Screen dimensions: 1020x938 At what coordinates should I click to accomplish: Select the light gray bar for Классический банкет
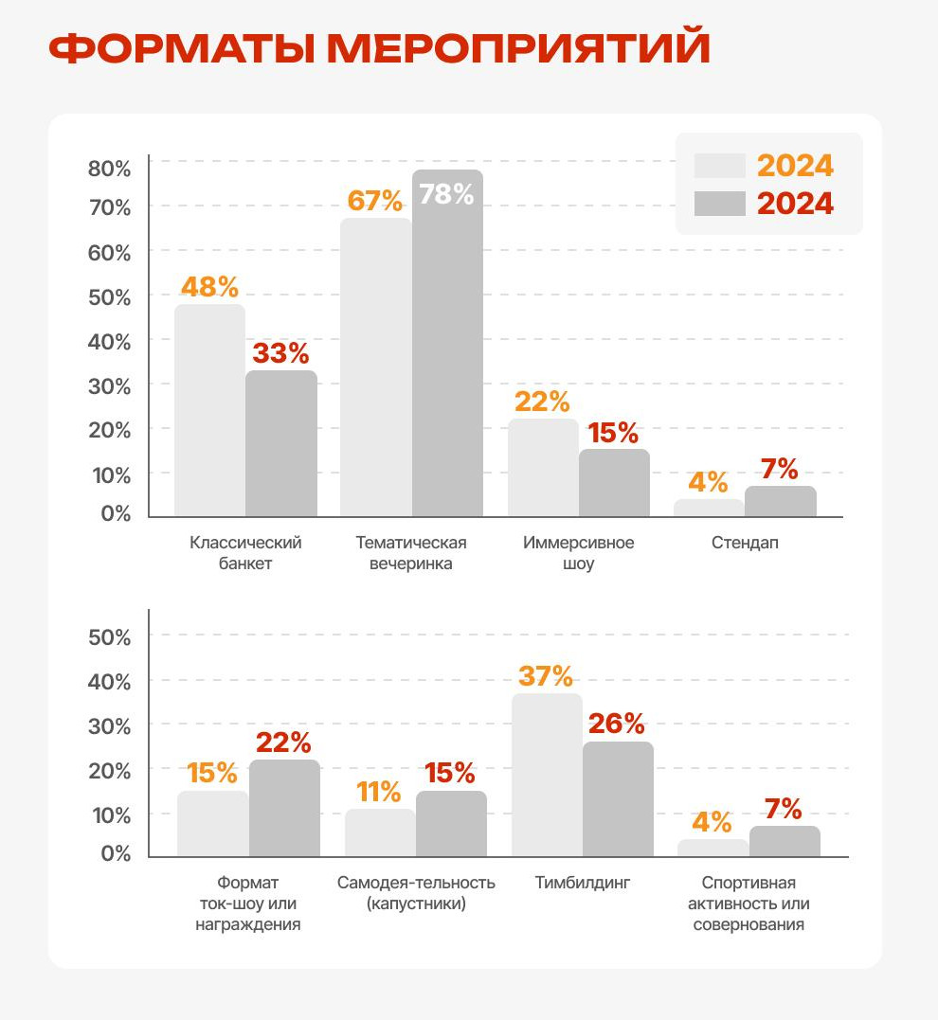[x=209, y=410]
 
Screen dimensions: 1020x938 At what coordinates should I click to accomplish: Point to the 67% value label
[x=374, y=201]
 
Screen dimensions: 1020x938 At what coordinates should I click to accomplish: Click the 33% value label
[x=280, y=354]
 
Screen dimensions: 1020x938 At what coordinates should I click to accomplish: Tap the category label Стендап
[x=745, y=544]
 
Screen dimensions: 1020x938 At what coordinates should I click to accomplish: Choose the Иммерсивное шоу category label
[x=578, y=553]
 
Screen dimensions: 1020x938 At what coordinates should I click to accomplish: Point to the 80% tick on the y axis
[x=109, y=169]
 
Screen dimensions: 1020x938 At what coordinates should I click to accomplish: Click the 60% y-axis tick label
[x=109, y=253]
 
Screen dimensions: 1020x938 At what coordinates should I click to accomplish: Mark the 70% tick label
[x=109, y=207]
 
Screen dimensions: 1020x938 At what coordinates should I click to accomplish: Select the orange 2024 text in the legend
[x=795, y=166]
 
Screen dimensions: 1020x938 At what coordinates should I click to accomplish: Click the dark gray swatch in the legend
[x=719, y=204]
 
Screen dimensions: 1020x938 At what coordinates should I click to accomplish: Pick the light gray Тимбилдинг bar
[x=547, y=775]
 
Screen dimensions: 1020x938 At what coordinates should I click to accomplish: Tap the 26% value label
[x=616, y=725]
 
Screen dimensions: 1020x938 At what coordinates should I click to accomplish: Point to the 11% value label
[x=379, y=792]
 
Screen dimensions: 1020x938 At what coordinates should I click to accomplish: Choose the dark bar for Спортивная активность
[x=785, y=841]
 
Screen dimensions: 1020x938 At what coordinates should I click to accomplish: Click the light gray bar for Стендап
[x=709, y=508]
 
